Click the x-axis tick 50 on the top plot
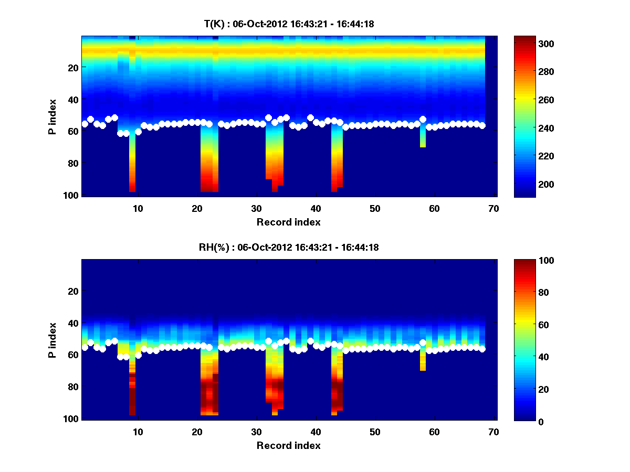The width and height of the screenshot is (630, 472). coord(375,209)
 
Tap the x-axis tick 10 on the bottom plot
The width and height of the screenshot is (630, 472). coord(138,432)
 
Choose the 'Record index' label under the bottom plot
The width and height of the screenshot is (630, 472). coord(288,445)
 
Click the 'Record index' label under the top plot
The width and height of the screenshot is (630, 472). coord(288,222)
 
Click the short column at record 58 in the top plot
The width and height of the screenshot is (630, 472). coord(423,137)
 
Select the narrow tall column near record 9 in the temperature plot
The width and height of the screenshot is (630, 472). coord(132,163)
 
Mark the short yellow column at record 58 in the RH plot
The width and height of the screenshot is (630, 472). coord(423,361)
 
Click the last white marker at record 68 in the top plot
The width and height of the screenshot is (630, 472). coord(482,125)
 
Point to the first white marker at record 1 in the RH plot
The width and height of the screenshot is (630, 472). coord(85,347)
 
